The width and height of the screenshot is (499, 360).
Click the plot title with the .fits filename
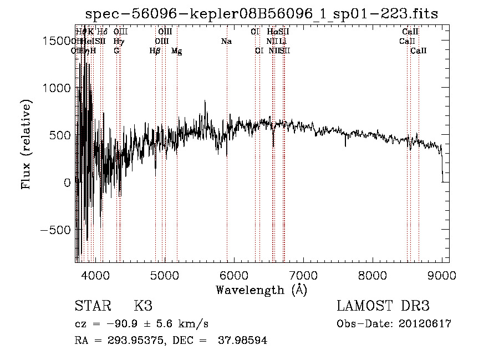[262, 14]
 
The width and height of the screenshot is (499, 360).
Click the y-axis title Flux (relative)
[26, 144]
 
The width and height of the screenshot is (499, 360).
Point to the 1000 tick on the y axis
[55, 88]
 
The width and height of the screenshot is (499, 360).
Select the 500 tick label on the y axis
[60, 135]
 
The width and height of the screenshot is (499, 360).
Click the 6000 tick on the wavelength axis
[234, 275]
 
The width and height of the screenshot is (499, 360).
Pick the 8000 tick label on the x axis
[373, 275]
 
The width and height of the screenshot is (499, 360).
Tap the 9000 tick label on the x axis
[442, 275]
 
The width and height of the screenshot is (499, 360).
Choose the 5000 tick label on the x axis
[165, 275]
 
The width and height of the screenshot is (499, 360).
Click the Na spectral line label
[226, 42]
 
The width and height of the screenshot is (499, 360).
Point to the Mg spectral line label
[176, 51]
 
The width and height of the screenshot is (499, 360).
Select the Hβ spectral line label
[155, 51]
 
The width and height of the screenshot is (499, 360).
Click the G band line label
[116, 51]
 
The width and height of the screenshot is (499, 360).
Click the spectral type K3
[143, 306]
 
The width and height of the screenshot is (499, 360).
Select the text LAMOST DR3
[383, 306]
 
